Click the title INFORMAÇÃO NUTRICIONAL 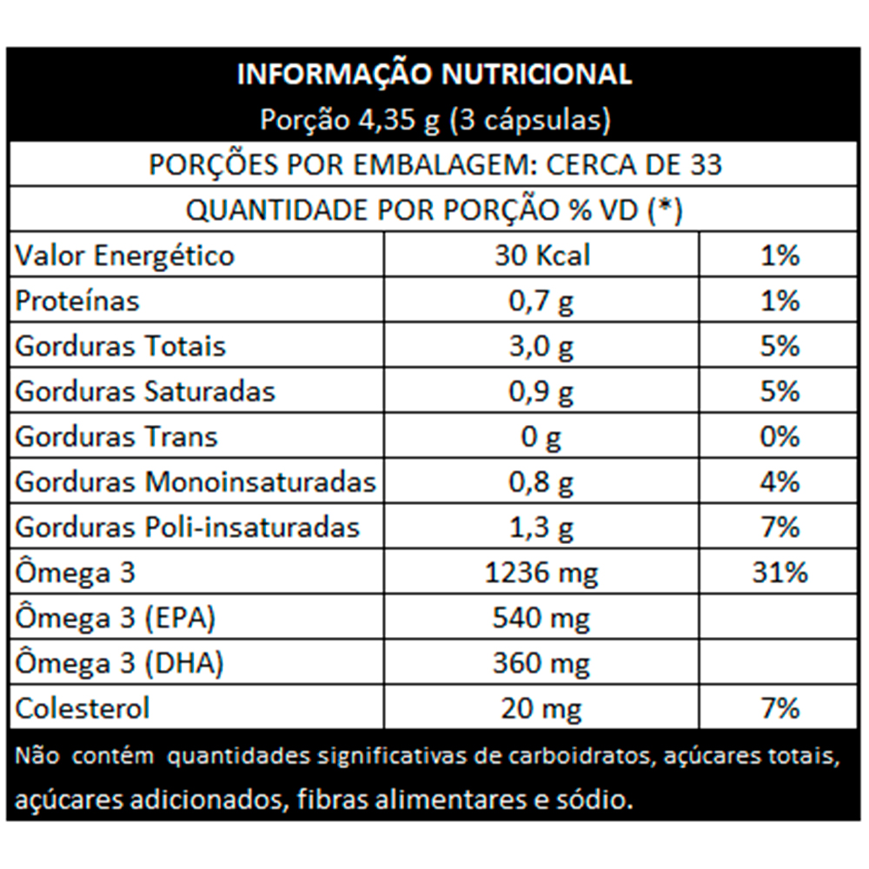coord(434,75)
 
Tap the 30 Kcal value coord(541,255)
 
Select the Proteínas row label coord(77,301)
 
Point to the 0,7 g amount coord(541,301)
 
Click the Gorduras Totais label coord(121,346)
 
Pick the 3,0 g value coord(541,346)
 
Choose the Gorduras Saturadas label coord(145,391)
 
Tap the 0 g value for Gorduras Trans coord(541,436)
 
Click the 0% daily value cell coord(779,436)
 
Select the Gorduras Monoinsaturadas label coord(196,481)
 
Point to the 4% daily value coord(779,481)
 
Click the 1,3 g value coord(541,527)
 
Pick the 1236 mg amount coord(541,573)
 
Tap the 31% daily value coord(779,573)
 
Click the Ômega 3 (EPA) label coord(116,618)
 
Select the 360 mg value coord(541,664)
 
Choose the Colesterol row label coord(83,708)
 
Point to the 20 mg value coord(541,708)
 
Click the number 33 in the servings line coord(703,164)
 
